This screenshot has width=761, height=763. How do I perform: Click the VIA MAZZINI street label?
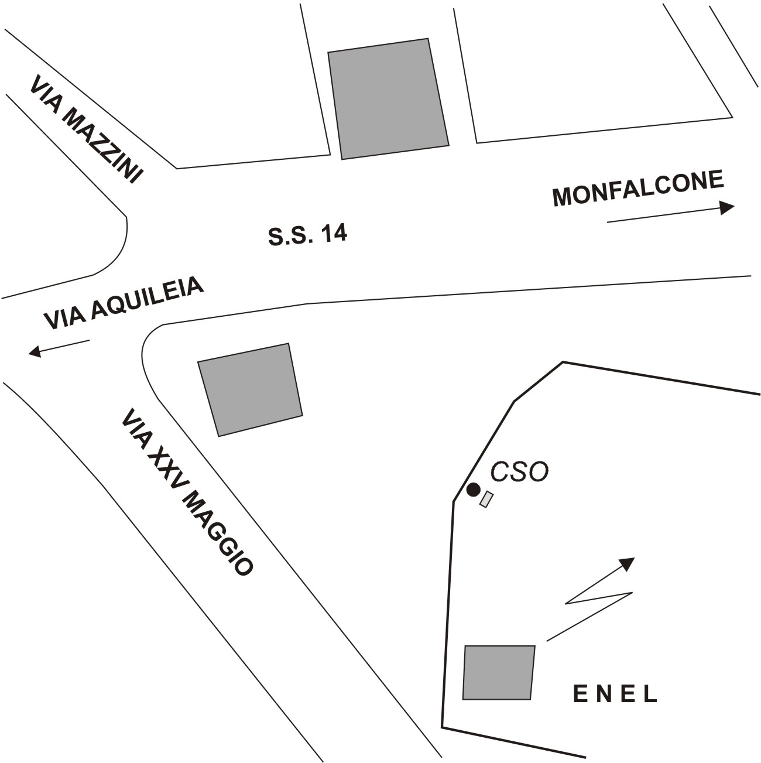pos(86,129)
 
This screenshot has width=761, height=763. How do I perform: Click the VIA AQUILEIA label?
pos(124,303)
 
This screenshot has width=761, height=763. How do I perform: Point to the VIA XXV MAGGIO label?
pos(187,492)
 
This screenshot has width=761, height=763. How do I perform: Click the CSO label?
pos(519,471)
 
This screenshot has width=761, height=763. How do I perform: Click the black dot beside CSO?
pos(473,490)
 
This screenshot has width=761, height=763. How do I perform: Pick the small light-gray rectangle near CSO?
pos(486,499)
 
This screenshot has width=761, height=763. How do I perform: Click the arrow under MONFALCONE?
pos(671,214)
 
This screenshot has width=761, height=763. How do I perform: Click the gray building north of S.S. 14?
pos(389,99)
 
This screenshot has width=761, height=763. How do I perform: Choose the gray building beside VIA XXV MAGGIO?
pos(250,390)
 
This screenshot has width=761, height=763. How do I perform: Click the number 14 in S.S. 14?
pos(334,233)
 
